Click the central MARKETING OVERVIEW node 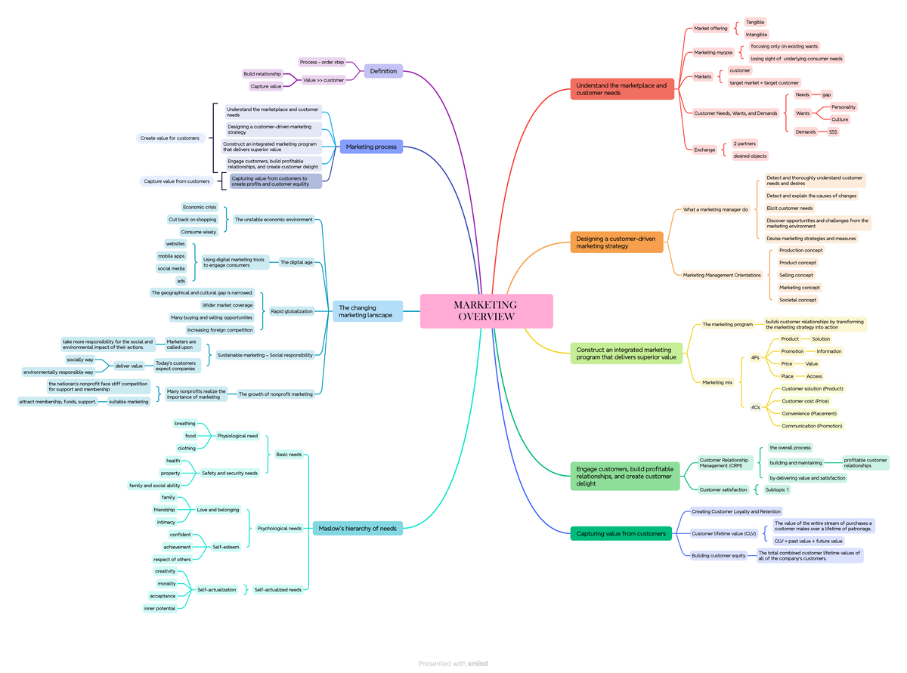click(486, 310)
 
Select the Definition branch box click(383, 71)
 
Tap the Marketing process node click(370, 147)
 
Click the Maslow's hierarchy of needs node click(358, 528)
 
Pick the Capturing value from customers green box click(621, 533)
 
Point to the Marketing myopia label click(713, 53)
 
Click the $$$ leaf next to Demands click(833, 131)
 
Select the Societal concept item click(797, 300)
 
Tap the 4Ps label click(755, 357)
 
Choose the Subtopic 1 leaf click(776, 489)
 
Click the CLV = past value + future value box click(808, 541)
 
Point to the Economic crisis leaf click(200, 207)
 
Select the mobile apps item click(171, 256)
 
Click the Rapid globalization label click(291, 311)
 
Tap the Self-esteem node click(225, 547)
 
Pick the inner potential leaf click(160, 608)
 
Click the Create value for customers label click(170, 138)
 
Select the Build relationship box click(262, 74)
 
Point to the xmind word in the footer click(478, 663)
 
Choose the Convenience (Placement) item click(809, 413)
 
